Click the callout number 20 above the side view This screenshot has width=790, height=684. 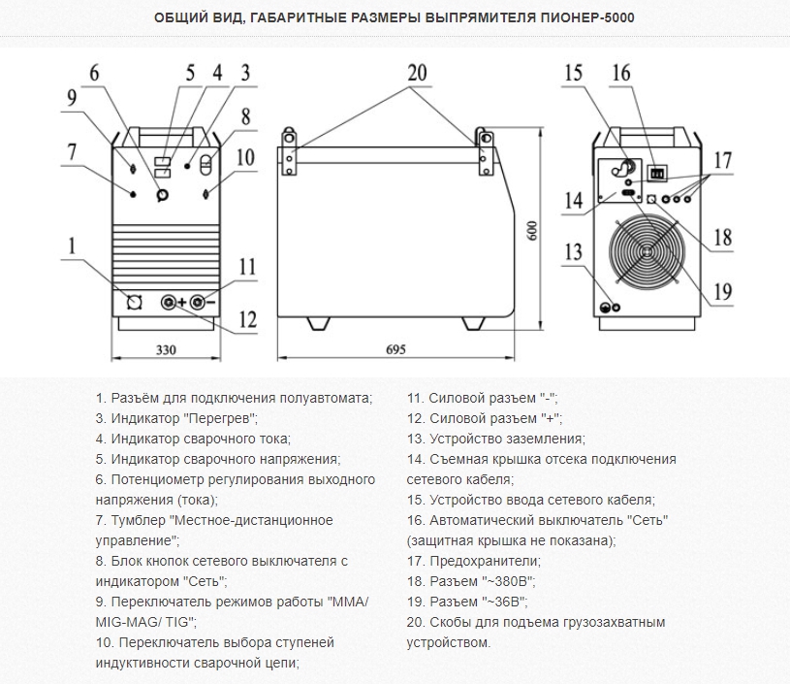pyautogui.click(x=417, y=72)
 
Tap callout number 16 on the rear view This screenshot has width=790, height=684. pyautogui.click(x=620, y=72)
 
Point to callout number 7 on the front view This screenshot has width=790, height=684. pyautogui.click(x=71, y=151)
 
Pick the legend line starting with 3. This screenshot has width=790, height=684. pyautogui.click(x=176, y=418)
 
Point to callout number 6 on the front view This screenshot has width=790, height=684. pyautogui.click(x=94, y=72)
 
